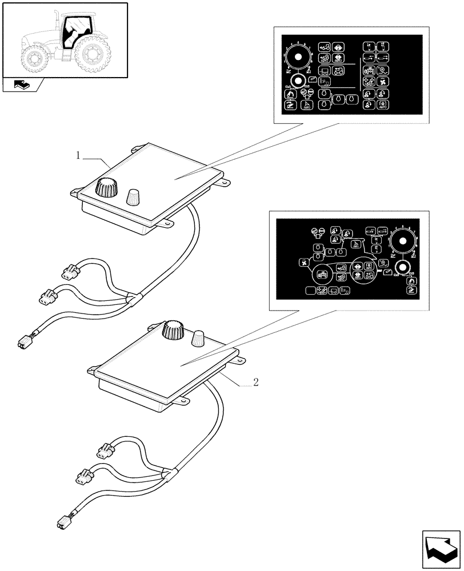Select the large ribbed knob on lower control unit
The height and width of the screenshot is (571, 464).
pos(173,330)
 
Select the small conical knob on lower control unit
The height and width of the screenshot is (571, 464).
pos(199,338)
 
